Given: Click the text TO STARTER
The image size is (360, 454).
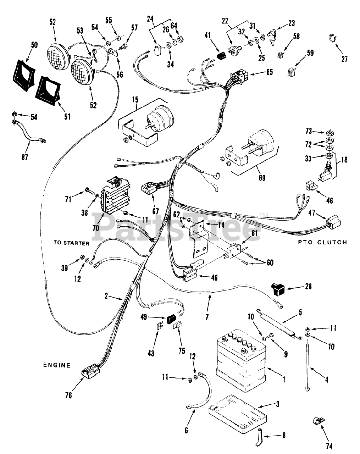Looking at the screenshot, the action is [x=72, y=243].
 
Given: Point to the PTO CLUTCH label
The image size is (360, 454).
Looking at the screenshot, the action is [x=322, y=242].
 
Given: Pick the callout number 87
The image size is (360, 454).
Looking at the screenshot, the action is [x=25, y=157].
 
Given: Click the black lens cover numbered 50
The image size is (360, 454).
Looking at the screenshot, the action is [x=24, y=75].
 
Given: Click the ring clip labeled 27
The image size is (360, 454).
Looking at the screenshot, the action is [x=332, y=38].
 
